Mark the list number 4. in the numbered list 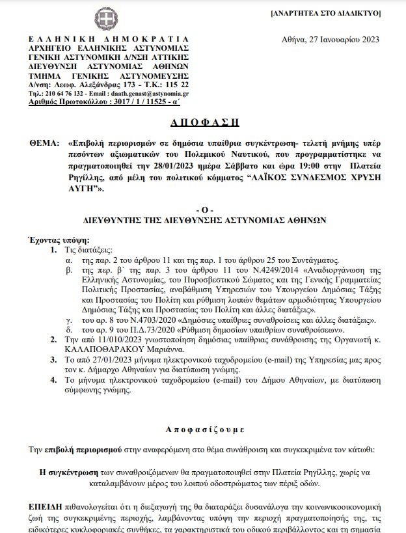(x=53, y=381)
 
